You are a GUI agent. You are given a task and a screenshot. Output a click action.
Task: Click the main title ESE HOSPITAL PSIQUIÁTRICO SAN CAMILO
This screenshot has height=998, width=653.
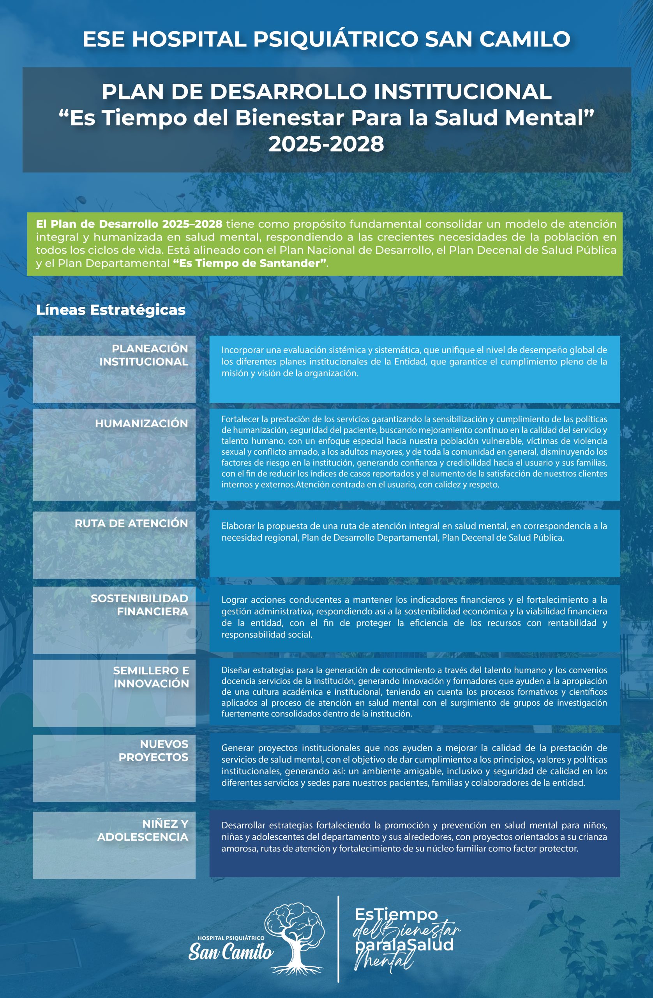(326, 39)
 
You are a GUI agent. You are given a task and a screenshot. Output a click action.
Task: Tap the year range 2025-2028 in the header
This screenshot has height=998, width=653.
(326, 144)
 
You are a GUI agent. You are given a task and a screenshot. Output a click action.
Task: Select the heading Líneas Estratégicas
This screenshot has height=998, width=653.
(111, 310)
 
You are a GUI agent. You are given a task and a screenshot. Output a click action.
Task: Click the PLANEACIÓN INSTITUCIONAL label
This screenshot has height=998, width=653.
(143, 355)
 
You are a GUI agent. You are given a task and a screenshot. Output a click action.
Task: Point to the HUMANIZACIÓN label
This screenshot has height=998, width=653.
(141, 423)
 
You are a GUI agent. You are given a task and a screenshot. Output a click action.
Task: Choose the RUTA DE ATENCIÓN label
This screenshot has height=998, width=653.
(131, 523)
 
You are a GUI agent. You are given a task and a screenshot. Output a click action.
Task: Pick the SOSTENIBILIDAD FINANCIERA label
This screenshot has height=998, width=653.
(139, 605)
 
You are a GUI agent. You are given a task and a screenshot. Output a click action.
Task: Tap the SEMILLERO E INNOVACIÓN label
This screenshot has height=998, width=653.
(151, 677)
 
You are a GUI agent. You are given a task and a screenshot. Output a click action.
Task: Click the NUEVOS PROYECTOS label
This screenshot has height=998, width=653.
(154, 750)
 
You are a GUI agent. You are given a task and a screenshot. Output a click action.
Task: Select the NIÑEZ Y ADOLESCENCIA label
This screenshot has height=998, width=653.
(143, 830)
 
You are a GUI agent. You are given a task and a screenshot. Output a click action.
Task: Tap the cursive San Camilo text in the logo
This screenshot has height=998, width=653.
(231, 952)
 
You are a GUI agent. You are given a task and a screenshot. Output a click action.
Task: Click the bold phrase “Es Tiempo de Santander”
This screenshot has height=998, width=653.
(250, 263)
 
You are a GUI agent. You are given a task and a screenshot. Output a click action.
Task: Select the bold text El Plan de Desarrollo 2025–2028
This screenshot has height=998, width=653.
(129, 224)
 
